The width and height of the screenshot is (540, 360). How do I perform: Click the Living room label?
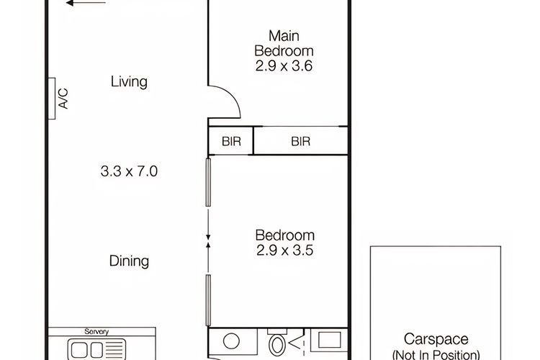click(x=129, y=82)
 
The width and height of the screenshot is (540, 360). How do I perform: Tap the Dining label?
click(x=129, y=261)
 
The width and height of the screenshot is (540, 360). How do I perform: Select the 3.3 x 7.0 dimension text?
click(x=129, y=171)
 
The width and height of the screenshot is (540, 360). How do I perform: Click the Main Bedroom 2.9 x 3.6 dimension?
click(x=284, y=66)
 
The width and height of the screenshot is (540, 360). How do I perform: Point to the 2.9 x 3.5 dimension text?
click(x=285, y=250)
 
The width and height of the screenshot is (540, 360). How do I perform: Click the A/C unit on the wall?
click(x=52, y=99)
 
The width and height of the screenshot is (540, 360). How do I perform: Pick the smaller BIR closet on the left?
click(x=231, y=141)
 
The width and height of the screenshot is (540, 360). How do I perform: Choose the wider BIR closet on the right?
click(x=301, y=141)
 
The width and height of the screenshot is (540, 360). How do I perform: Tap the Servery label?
click(x=96, y=332)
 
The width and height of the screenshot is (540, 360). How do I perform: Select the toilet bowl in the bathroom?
click(x=276, y=345)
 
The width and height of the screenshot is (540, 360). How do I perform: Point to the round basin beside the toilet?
click(x=231, y=341)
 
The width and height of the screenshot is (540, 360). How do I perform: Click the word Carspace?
click(x=436, y=339)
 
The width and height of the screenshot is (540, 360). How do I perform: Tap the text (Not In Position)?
click(x=436, y=355)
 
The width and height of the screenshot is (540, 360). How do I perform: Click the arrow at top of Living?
click(x=86, y=3)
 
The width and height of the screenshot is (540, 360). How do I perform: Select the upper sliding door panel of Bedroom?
click(x=208, y=182)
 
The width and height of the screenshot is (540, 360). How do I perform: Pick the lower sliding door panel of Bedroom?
click(x=208, y=300)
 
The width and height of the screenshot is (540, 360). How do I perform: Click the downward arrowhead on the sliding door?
click(x=208, y=237)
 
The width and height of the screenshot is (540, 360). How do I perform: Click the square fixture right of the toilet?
click(x=330, y=341)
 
